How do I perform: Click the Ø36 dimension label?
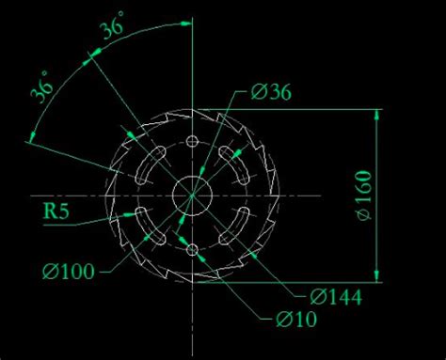pyautogui.click(x=271, y=92)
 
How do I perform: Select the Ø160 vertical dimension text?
pyautogui.click(x=364, y=196)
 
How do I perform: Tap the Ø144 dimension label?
pyautogui.click(x=336, y=297)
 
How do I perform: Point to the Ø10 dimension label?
pyautogui.click(x=296, y=320)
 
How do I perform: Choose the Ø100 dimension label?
pyautogui.click(x=69, y=271)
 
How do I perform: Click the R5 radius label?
pyautogui.click(x=56, y=211)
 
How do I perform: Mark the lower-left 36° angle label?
pyautogui.click(x=42, y=86)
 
